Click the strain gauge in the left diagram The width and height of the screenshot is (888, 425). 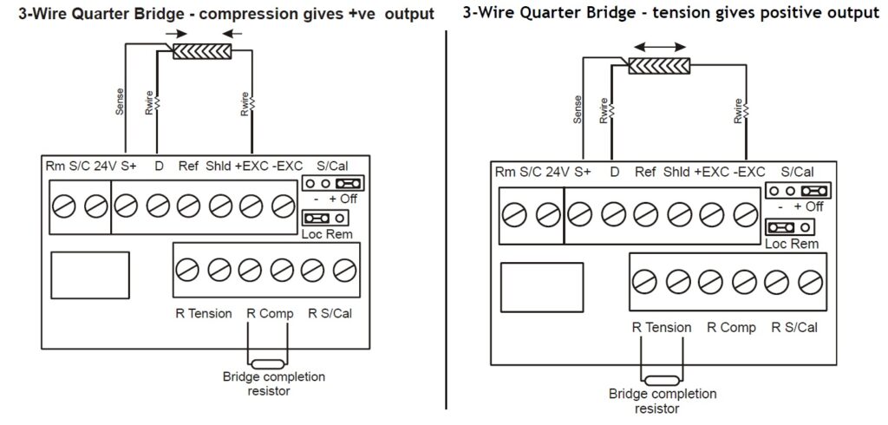[201, 51]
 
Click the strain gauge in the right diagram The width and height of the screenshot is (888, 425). [659, 66]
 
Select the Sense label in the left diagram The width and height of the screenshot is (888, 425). [120, 101]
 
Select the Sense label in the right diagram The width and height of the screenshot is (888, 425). [578, 109]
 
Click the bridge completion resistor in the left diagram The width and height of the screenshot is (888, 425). [267, 363]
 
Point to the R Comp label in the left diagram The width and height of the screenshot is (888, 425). [271, 313]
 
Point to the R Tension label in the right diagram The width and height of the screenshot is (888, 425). [662, 328]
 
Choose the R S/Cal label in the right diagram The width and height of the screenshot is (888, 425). [793, 328]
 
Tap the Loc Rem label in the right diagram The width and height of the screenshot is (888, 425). [791, 244]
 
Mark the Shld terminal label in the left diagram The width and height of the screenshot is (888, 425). [218, 165]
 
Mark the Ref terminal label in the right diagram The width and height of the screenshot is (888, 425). [645, 173]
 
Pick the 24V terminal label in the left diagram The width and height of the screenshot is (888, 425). [106, 165]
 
